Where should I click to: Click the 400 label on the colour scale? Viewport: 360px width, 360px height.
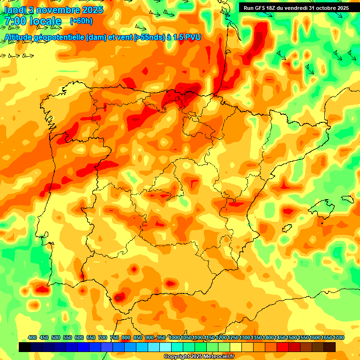point(32,337)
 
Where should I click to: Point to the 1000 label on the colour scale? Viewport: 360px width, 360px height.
point(174,337)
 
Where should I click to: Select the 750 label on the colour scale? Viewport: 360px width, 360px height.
point(114,337)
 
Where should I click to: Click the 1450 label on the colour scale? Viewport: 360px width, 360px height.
point(280,337)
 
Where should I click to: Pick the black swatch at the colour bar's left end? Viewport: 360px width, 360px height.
point(25,347)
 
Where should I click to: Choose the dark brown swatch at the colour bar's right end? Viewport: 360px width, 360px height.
point(330,347)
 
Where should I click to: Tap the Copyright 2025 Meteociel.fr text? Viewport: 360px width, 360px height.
point(199,357)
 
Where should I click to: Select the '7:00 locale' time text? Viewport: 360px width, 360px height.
point(33,21)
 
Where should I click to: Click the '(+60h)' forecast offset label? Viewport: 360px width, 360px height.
point(81,21)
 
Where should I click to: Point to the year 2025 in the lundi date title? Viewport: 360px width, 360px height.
point(93,10)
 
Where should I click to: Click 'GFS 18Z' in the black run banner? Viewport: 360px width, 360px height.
point(267,8)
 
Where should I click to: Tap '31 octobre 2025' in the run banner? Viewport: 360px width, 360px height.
point(329,8)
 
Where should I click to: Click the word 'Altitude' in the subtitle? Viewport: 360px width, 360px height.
point(18,37)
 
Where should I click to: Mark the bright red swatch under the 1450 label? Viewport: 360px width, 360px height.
point(283,347)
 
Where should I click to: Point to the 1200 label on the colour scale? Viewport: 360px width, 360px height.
point(221,337)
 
